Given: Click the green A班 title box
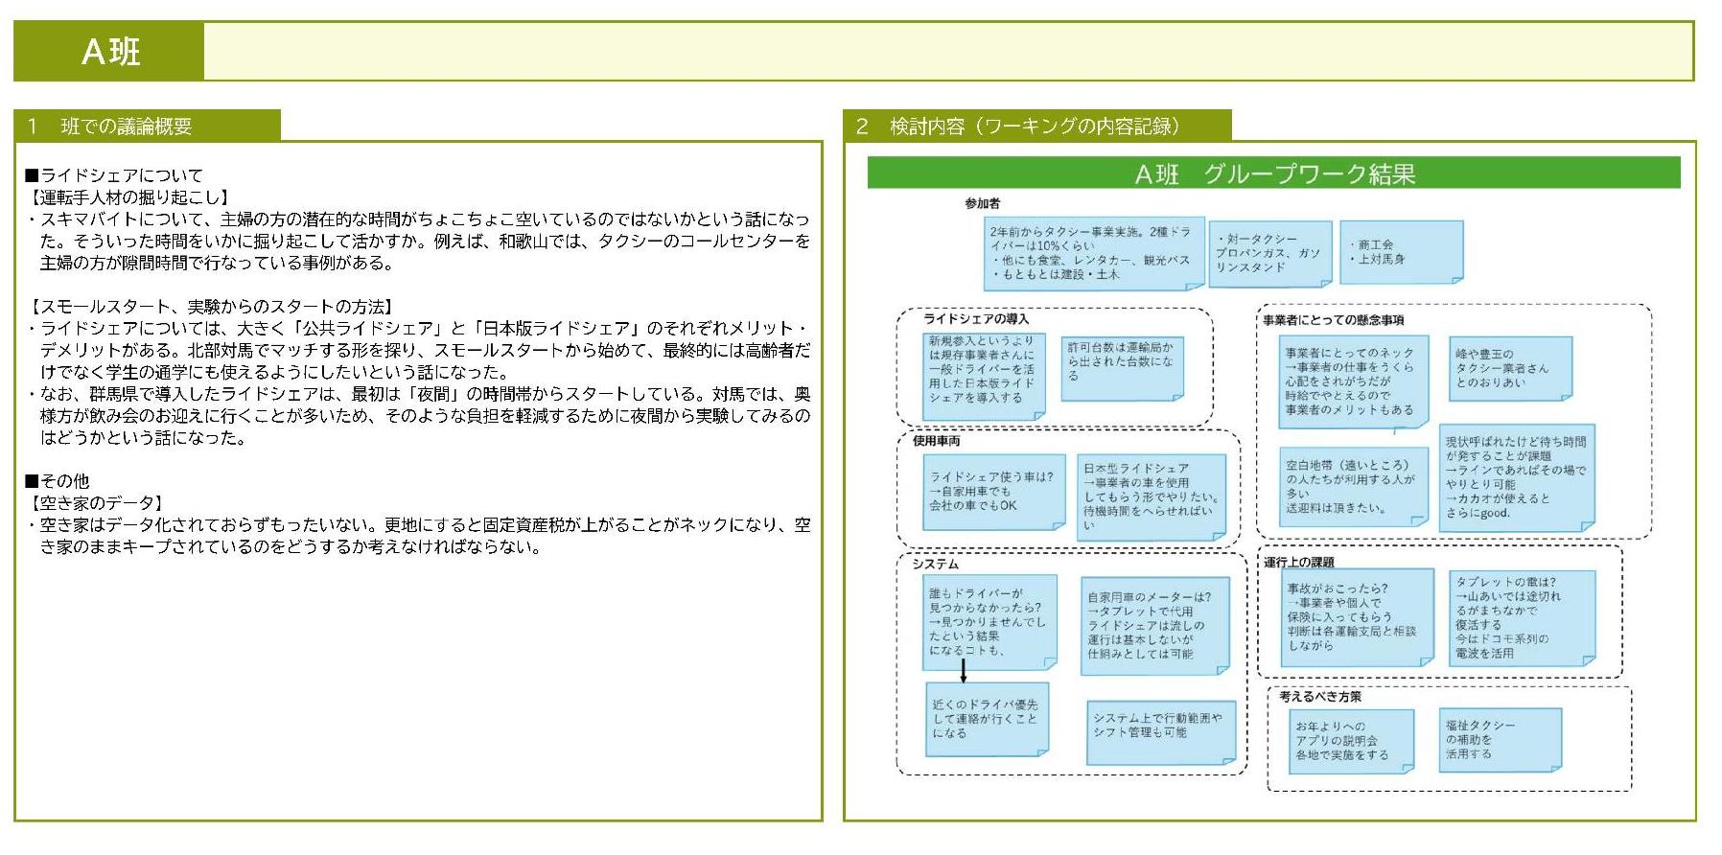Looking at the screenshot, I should click(109, 52).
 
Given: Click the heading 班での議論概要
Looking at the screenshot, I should click(126, 127).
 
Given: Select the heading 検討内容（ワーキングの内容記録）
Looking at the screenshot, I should click(1035, 127).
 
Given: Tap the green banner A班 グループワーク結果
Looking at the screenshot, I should click(1273, 173).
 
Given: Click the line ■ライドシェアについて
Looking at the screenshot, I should click(114, 175).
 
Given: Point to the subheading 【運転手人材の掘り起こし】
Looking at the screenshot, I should click(130, 197).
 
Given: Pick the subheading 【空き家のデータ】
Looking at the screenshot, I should click(97, 503).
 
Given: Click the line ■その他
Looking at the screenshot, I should click(58, 481).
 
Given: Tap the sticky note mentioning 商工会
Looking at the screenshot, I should click(1400, 252).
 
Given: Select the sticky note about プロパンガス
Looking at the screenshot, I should click(1269, 254).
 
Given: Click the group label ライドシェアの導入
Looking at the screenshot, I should click(976, 319).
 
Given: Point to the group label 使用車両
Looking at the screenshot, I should click(936, 441).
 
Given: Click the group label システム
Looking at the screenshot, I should click(935, 565).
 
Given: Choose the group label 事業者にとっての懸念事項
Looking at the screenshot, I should click(1333, 320).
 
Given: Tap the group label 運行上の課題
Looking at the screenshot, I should click(1298, 562).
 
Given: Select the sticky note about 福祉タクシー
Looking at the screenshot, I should click(1501, 739).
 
